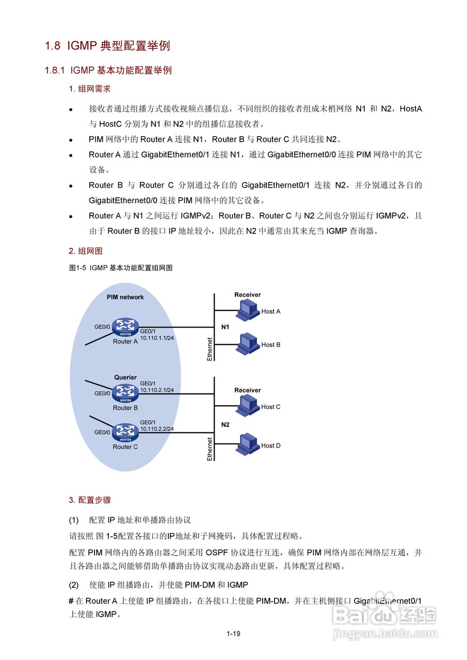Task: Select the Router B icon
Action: [x=125, y=393]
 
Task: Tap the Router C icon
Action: [x=125, y=432]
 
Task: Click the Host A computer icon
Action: [x=247, y=310]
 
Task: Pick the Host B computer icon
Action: [x=247, y=343]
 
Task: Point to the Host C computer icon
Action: [x=247, y=406]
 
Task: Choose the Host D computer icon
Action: [x=247, y=444]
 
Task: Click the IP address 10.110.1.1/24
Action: [x=157, y=337]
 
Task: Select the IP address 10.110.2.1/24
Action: [x=157, y=390]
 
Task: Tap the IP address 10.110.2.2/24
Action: [x=157, y=429]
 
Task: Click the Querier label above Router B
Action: [x=125, y=377]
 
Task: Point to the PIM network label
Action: [x=125, y=297]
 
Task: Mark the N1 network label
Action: [x=226, y=327]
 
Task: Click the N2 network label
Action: [x=226, y=425]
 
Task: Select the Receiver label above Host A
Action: [x=248, y=295]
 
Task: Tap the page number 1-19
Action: [x=233, y=634]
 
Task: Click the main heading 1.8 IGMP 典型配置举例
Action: [x=107, y=46]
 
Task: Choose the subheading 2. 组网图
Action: [x=86, y=251]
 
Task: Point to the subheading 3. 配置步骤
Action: [x=90, y=500]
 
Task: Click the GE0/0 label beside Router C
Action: [x=102, y=433]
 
